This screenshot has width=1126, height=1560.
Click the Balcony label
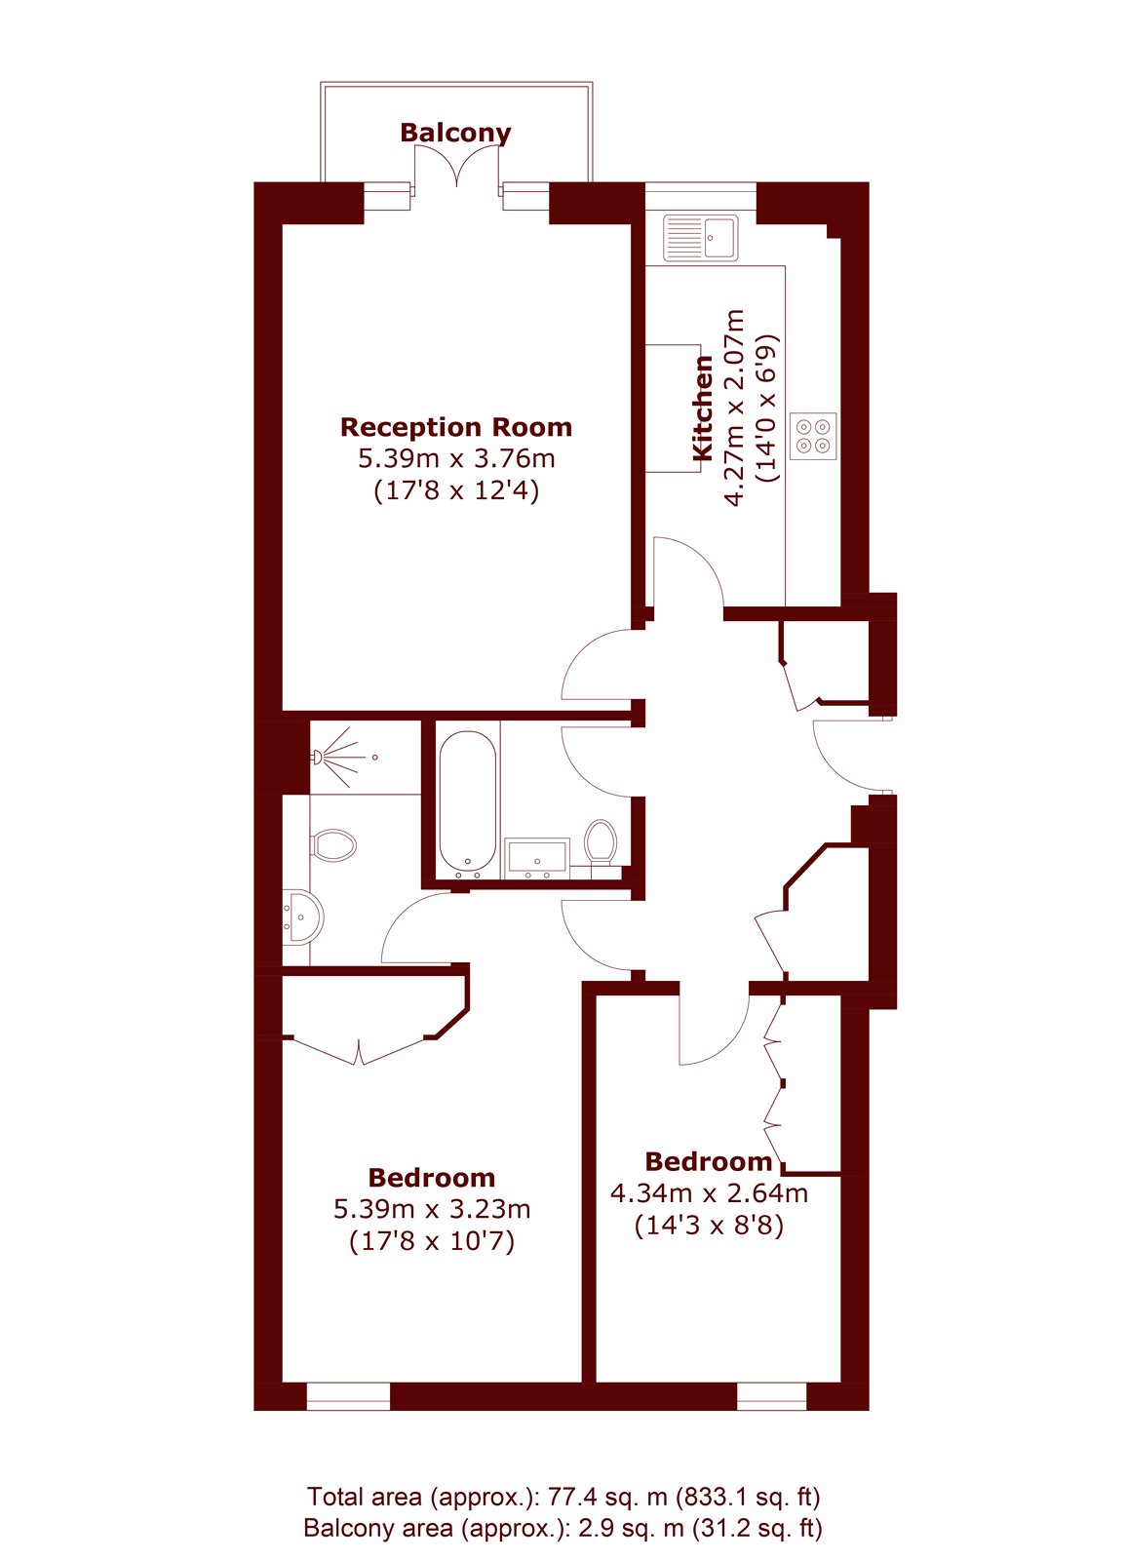point(455,133)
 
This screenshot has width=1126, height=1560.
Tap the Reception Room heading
point(456,427)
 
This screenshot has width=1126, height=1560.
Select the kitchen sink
point(700,237)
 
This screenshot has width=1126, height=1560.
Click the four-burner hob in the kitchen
point(813,436)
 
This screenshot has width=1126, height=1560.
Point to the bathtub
point(468,804)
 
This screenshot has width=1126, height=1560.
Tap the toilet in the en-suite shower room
point(333,845)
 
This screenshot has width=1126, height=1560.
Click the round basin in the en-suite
point(303,916)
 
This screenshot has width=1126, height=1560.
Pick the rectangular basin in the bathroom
point(537,858)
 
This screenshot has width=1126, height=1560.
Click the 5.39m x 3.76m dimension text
point(456,459)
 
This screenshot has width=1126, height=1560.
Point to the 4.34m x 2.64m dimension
point(709,1193)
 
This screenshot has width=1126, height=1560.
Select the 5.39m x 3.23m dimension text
point(432,1210)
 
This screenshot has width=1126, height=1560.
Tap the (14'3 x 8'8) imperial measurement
point(709,1226)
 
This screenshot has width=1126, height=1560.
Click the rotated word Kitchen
point(703,409)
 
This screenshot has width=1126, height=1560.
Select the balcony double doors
point(457,167)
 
